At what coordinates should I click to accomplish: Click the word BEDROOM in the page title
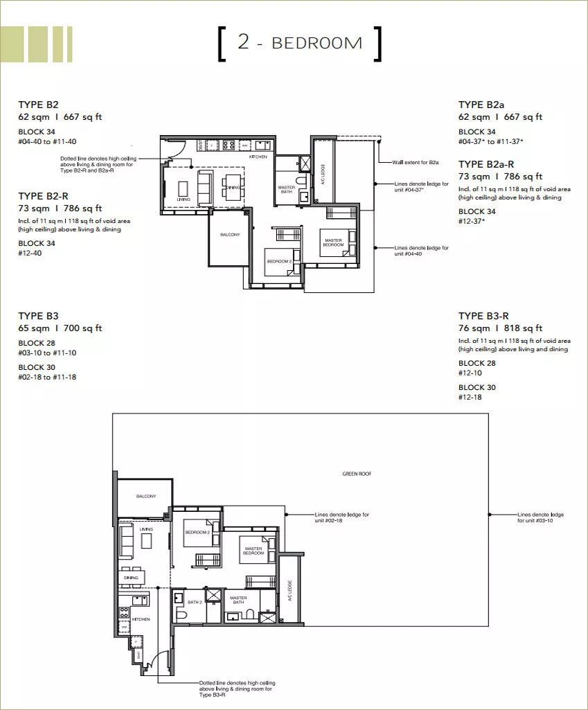(317, 43)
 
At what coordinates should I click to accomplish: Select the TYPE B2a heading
(481, 105)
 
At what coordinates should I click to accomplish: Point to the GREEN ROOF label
(357, 474)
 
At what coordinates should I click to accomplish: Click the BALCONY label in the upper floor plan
(230, 235)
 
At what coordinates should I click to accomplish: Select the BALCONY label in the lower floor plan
(146, 496)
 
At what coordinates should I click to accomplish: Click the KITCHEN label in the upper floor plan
(258, 157)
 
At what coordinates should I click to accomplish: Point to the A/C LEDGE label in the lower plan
(290, 590)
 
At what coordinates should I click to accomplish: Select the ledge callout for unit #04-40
(421, 250)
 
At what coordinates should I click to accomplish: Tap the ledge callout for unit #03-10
(540, 517)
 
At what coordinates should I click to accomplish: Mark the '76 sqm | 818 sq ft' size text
(500, 328)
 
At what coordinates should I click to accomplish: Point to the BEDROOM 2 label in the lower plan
(197, 533)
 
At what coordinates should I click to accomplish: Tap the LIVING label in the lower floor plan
(145, 529)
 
